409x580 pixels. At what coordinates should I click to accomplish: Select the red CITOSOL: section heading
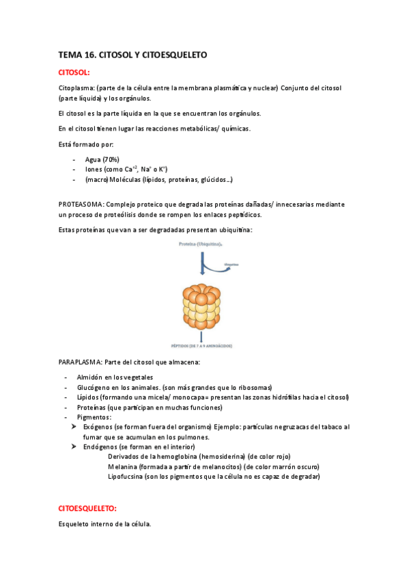(x=74, y=71)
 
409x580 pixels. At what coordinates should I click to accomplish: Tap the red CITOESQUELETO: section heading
(x=87, y=508)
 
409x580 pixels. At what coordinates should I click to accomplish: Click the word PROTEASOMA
(x=81, y=204)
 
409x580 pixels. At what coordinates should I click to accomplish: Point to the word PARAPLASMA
(x=81, y=361)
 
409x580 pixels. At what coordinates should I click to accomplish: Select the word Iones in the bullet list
(x=94, y=170)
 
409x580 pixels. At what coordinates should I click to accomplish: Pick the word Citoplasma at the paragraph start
(x=76, y=88)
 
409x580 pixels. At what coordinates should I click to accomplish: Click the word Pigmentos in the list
(x=96, y=417)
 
